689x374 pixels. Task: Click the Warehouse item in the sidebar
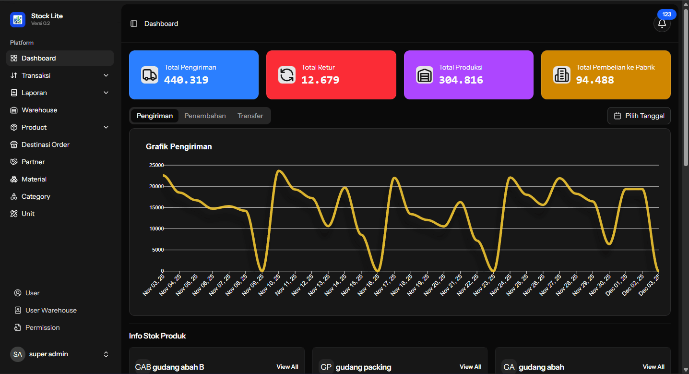39,110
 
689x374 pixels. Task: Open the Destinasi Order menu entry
45,145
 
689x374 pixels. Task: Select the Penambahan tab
205,116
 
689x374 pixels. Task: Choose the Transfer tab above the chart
250,116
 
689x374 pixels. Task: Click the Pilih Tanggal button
639,116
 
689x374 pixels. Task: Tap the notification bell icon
662,24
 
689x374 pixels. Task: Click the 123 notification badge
666,14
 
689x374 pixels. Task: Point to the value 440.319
186,80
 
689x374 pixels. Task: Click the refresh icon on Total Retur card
287,75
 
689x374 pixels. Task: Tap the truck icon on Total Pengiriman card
149,75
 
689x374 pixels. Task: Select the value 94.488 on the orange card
595,80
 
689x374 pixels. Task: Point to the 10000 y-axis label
156,229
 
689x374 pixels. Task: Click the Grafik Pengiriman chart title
178,146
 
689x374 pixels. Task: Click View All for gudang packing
470,367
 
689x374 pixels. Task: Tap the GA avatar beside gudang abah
509,367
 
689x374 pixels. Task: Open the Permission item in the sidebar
42,327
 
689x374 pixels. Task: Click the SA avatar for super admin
18,354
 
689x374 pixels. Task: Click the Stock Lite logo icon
18,20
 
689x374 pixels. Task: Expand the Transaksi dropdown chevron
106,75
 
